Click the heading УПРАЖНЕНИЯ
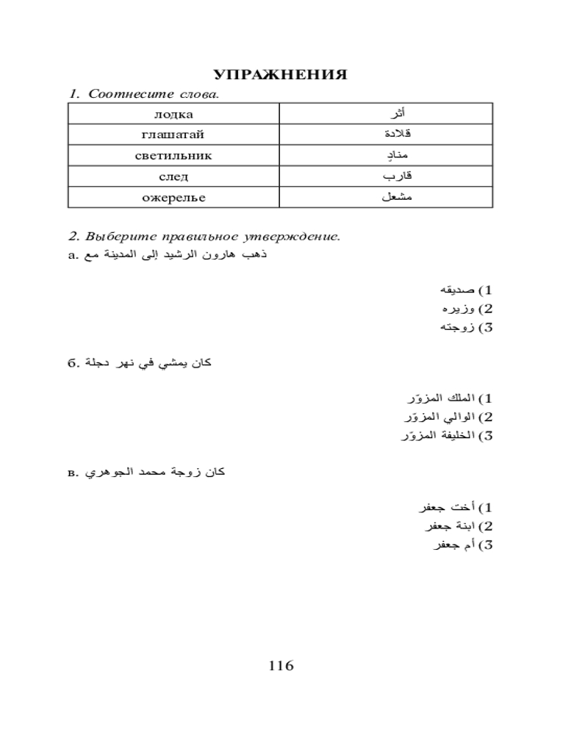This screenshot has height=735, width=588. point(280,75)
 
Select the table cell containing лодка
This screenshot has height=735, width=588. point(173,114)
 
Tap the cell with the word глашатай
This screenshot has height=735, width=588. point(173,135)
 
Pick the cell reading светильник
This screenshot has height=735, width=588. point(173,156)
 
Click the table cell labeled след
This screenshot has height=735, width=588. point(173,176)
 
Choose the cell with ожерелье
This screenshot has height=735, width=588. point(173,198)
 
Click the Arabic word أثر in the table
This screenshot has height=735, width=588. point(397,114)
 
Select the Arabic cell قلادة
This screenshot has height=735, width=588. point(398,135)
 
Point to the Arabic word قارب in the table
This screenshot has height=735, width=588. point(398,176)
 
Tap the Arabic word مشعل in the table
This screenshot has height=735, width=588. point(398,198)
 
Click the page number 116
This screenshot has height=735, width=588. point(281,666)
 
